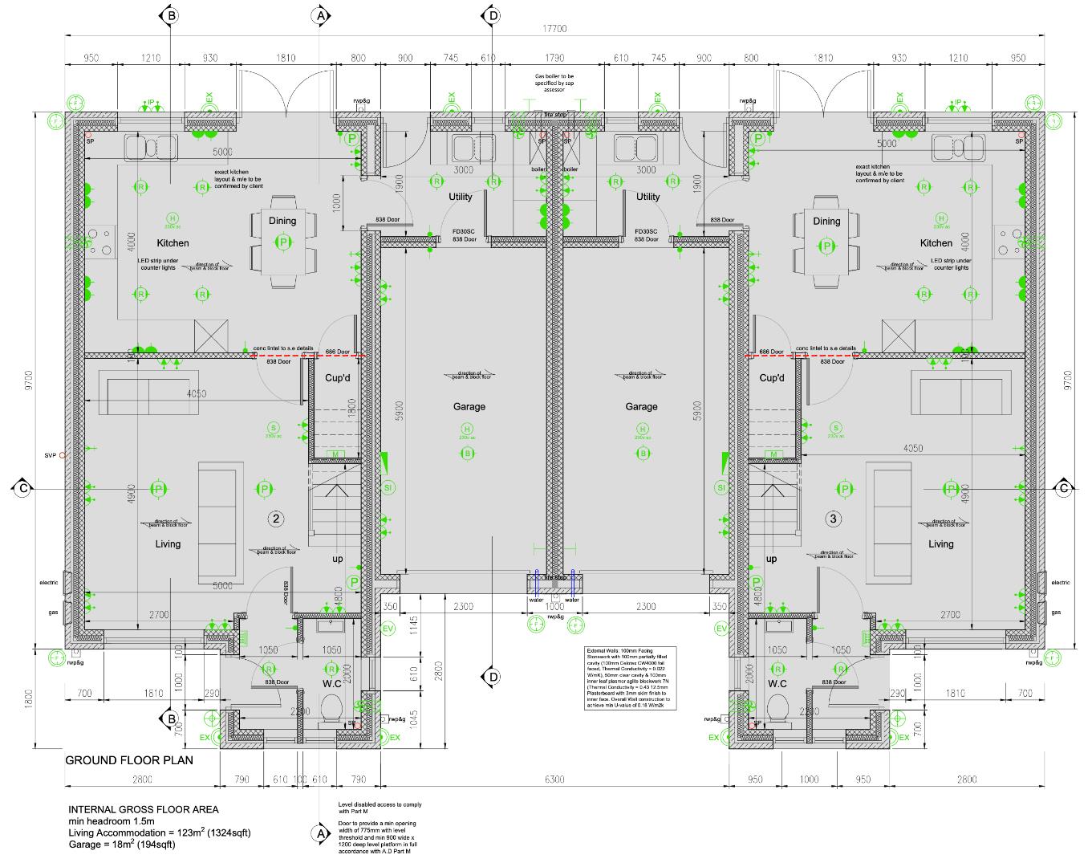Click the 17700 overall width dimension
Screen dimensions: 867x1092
click(554, 29)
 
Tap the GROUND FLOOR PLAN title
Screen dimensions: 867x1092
click(129, 760)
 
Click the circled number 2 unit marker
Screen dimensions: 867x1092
click(275, 519)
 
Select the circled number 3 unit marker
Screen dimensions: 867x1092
click(834, 519)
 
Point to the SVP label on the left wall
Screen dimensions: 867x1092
click(51, 455)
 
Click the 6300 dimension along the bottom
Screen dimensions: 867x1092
click(554, 779)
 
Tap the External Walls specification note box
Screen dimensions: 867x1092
click(632, 678)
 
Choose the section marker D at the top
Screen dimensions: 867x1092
click(491, 15)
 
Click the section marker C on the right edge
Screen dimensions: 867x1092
click(1064, 488)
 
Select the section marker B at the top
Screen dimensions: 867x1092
click(170, 15)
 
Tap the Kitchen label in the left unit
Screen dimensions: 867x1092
click(173, 243)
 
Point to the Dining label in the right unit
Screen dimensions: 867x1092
click(826, 222)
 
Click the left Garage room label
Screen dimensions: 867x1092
click(469, 407)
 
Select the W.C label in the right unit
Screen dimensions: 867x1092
click(776, 684)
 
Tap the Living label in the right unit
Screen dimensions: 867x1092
click(940, 544)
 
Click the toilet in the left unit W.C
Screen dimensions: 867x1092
click(331, 708)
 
